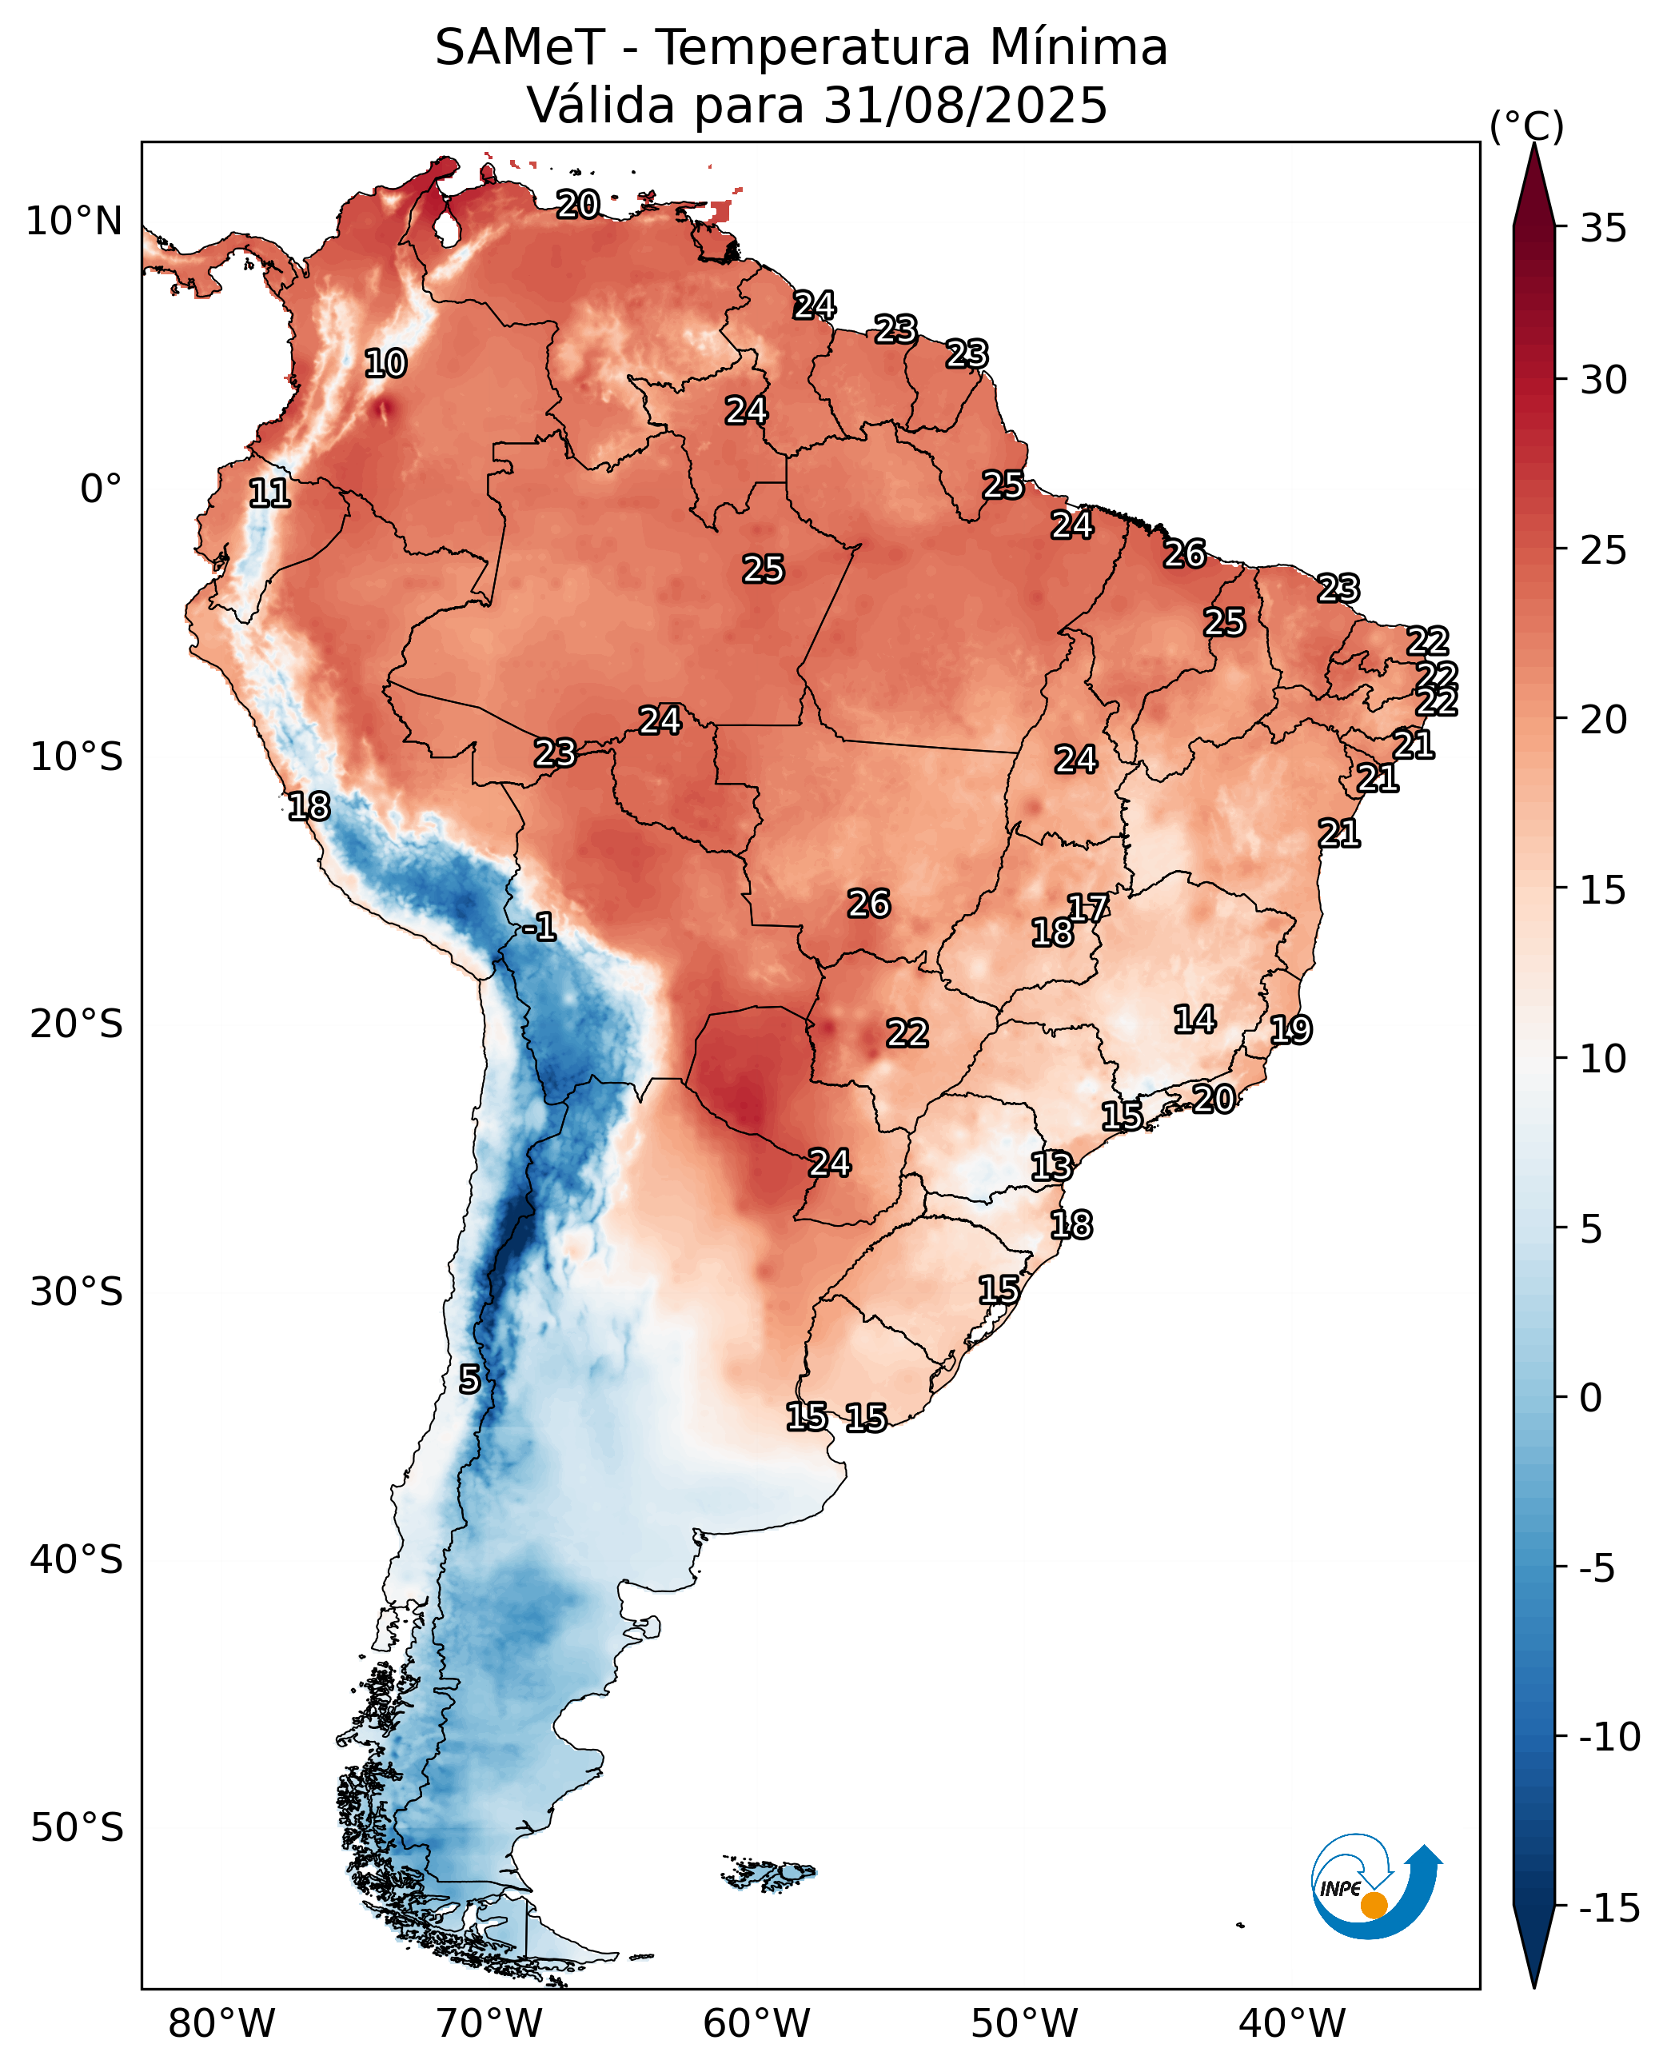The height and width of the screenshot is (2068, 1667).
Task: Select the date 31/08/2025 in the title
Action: [965, 105]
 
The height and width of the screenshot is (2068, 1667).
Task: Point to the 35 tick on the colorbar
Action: [1603, 229]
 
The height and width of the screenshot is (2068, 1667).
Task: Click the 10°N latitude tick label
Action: [74, 221]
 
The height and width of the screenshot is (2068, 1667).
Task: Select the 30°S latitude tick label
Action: [77, 1292]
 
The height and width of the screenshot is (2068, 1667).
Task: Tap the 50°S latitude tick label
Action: [77, 1828]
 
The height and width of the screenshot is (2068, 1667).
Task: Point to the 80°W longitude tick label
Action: [221, 2024]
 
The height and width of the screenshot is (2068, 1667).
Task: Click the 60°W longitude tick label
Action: [756, 2024]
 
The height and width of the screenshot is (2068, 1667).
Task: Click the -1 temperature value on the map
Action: [540, 927]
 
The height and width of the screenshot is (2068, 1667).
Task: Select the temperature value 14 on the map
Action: [1194, 1019]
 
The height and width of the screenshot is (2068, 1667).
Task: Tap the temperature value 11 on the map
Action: [269, 493]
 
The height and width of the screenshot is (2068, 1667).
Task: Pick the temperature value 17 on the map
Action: [1088, 908]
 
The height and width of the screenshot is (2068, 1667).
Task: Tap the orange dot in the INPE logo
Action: [1374, 1905]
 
